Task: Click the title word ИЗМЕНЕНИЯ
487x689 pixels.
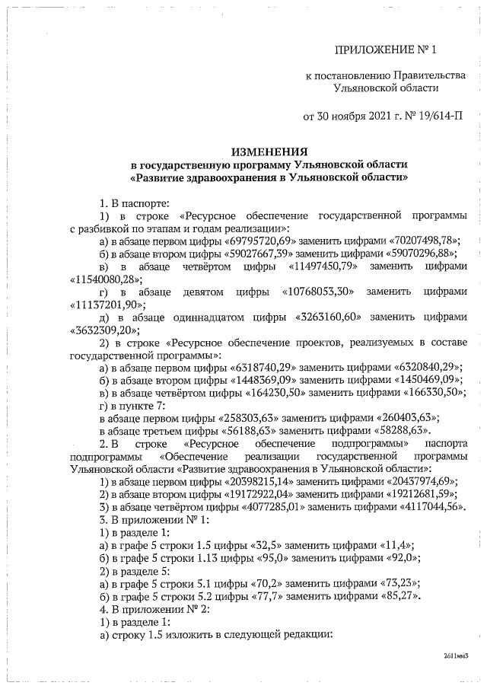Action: (269, 152)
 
